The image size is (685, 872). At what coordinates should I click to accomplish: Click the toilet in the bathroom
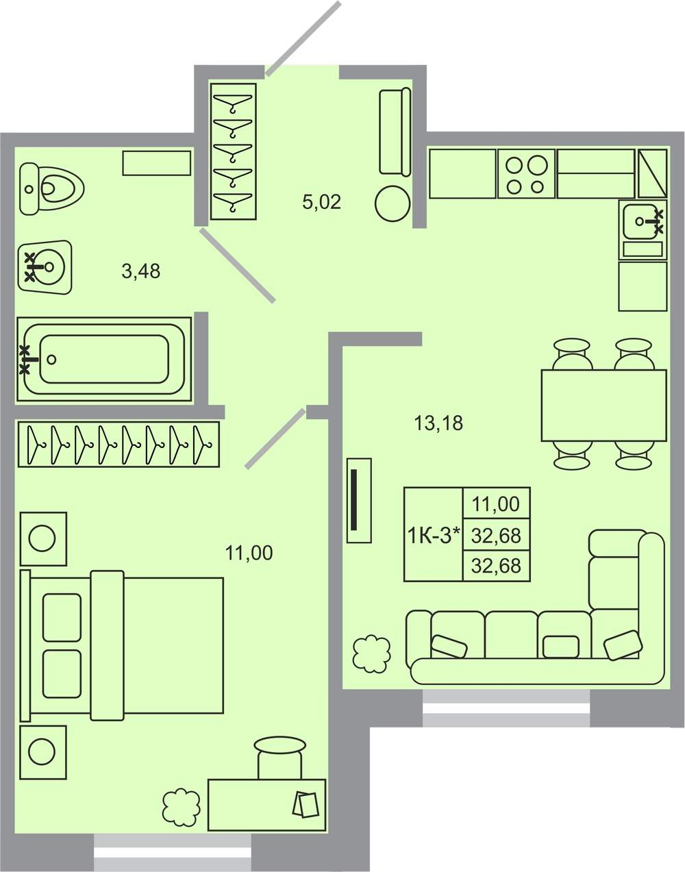point(51,188)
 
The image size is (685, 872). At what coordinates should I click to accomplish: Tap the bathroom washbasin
point(45,267)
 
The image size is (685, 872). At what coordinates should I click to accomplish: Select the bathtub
point(104,359)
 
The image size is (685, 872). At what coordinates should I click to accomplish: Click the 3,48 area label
point(141,271)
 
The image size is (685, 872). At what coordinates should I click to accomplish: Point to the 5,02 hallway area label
point(321,201)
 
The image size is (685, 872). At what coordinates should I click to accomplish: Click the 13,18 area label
point(438,423)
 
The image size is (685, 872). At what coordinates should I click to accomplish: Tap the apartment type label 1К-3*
point(434,536)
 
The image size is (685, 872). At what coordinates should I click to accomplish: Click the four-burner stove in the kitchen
point(526,174)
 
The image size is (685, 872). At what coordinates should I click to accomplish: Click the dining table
point(603,406)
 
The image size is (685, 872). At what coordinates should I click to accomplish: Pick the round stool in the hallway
point(393,203)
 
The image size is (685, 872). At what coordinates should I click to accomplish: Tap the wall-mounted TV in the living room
point(359,501)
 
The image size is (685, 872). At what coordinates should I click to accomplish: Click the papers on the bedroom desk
point(306,804)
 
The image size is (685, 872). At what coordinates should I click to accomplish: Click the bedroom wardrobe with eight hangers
point(119,445)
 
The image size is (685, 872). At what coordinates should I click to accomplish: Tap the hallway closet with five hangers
point(233,151)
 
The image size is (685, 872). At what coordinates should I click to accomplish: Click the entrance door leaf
point(303,39)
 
